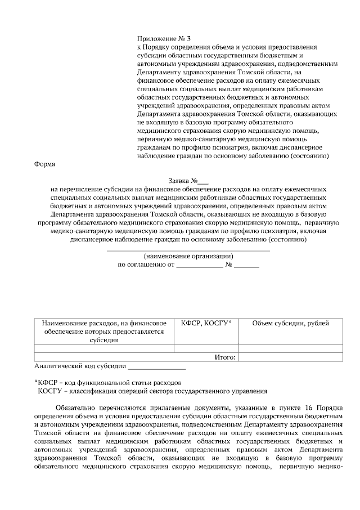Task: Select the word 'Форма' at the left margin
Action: pos(45,165)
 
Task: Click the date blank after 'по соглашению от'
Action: pos(200,264)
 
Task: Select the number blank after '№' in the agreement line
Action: pos(247,264)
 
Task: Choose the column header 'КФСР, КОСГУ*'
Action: pos(206,323)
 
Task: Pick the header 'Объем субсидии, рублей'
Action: pos(290,323)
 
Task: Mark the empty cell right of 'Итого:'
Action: pos(290,357)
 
